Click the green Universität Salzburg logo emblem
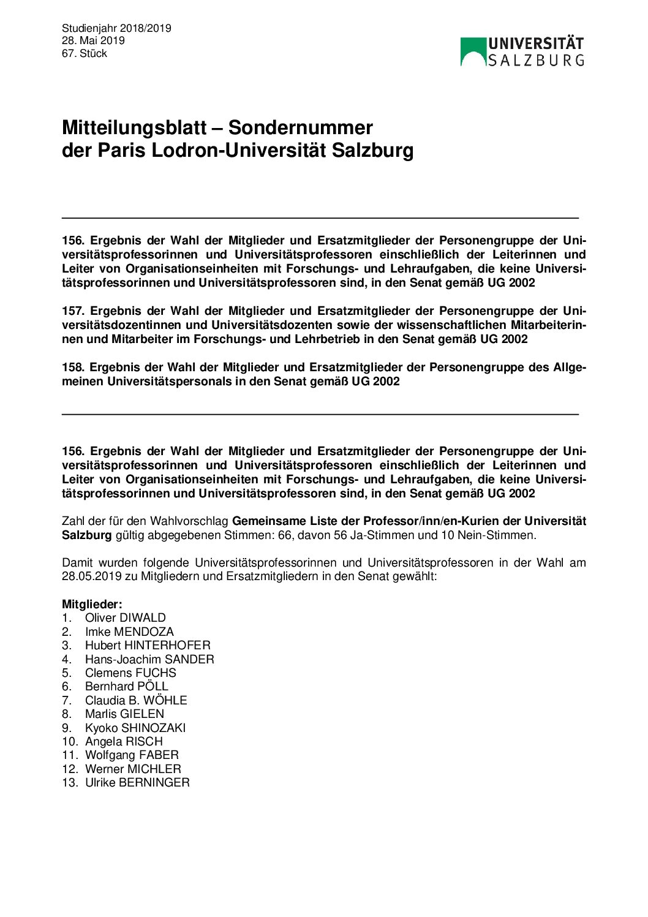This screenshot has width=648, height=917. click(x=473, y=51)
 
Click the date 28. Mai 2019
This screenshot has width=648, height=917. click(x=93, y=40)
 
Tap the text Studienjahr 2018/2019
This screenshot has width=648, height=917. click(x=116, y=28)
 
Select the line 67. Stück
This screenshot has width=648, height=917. click(x=85, y=53)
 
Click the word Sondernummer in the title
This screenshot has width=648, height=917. click(x=300, y=127)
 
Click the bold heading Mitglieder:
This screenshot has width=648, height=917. click(x=92, y=605)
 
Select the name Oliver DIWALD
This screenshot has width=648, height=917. click(x=126, y=618)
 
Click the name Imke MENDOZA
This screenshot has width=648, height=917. click(x=129, y=632)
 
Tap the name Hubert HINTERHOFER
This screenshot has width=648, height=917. click(x=148, y=646)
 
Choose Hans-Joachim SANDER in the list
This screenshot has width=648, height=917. click(x=149, y=659)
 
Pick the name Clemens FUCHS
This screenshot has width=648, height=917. click(x=130, y=673)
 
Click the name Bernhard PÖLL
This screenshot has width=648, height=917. click(x=127, y=687)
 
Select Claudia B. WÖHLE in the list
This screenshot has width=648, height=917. click(x=136, y=700)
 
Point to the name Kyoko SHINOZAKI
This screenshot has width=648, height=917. click(x=135, y=728)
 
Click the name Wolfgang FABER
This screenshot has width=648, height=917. click(x=132, y=755)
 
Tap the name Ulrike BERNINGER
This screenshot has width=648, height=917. click(x=137, y=783)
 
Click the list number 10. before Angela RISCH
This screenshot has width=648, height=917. click(x=69, y=742)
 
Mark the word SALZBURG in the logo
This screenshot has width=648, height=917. click(x=536, y=60)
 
